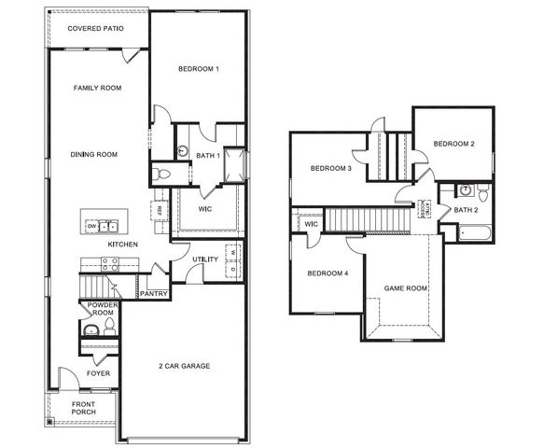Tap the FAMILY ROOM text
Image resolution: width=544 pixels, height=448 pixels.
pyautogui.click(x=98, y=88)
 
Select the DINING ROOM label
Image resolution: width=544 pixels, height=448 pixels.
pyautogui.click(x=93, y=154)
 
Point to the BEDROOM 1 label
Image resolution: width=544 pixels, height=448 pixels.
pyautogui.click(x=198, y=69)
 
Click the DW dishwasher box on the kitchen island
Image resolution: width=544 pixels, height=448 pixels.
pyautogui.click(x=92, y=226)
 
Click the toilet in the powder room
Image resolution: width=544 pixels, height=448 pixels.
pyautogui.click(x=109, y=326)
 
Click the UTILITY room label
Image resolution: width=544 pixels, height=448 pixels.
pyautogui.click(x=205, y=259)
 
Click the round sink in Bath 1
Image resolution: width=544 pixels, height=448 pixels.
pyautogui.click(x=184, y=151)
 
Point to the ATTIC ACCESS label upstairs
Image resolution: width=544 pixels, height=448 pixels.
pyautogui.click(x=425, y=208)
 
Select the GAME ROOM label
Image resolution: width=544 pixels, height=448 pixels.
pyautogui.click(x=406, y=288)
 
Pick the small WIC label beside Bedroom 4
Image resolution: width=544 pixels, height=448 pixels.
pyautogui.click(x=311, y=224)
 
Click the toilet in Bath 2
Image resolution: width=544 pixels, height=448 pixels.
pyautogui.click(x=480, y=193)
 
